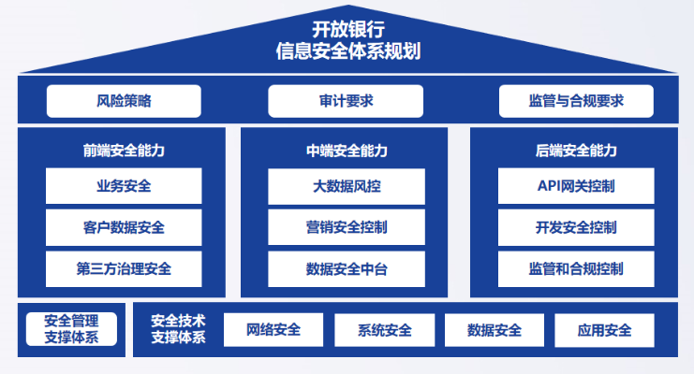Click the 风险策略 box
124,101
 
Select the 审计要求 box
347,101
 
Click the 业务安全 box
124,186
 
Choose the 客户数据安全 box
124,227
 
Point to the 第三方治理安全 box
124,269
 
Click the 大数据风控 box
347,186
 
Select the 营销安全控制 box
347,227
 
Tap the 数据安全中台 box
347,269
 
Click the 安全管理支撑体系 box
71,329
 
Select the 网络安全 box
273,330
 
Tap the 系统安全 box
384,330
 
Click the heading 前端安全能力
124,151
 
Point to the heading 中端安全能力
347,151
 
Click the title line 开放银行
347,28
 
